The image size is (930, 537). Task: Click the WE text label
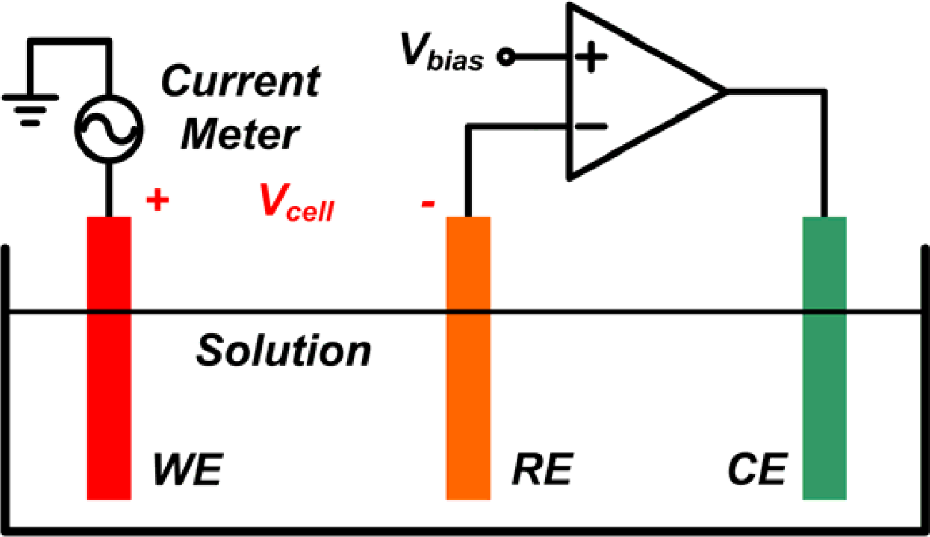[x=188, y=469]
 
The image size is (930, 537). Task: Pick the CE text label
[x=757, y=469]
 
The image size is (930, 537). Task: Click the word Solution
[x=283, y=351]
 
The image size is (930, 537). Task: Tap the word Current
[x=240, y=82]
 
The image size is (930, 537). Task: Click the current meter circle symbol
[x=109, y=129]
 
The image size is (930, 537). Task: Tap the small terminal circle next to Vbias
[x=506, y=56]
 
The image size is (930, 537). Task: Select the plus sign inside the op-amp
[x=590, y=56]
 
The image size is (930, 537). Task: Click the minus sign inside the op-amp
[x=590, y=127]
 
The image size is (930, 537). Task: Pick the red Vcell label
[x=296, y=203]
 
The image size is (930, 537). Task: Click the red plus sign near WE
[x=157, y=200]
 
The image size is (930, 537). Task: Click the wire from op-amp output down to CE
[x=824, y=156]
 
